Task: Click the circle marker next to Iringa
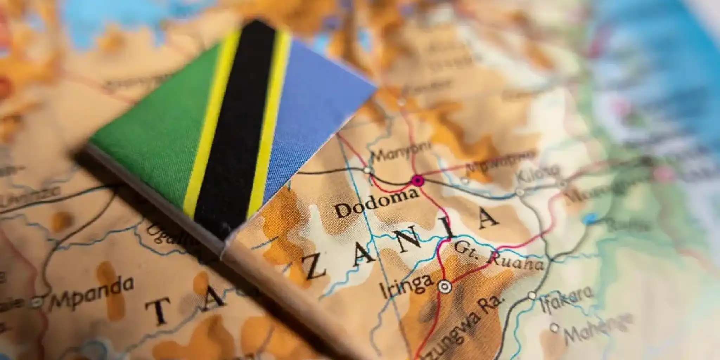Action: (444, 287)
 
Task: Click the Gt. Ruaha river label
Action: (497, 257)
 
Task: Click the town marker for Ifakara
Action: (532, 296)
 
